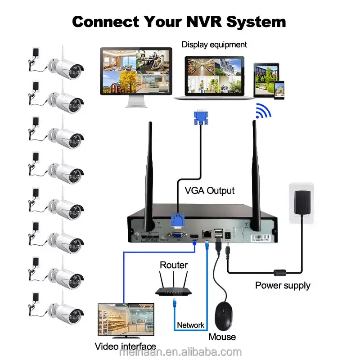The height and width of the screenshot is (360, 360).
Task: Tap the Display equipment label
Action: pos(214,45)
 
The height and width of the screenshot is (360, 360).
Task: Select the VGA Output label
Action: pos(210,190)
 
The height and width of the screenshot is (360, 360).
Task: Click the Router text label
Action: pos(174,265)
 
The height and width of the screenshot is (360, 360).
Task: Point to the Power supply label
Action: pos(283,285)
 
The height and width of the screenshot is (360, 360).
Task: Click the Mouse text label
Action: pos(222,337)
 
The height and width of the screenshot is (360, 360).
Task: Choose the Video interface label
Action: pos(126,346)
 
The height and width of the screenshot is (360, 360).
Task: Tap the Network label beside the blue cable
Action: pos(190,325)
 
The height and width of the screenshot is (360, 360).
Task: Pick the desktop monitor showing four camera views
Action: pos(135,74)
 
